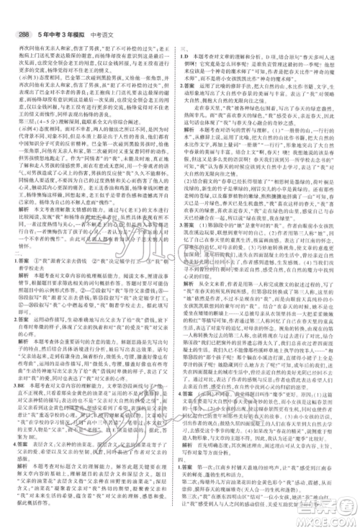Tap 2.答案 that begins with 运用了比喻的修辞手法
coord(192,85)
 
